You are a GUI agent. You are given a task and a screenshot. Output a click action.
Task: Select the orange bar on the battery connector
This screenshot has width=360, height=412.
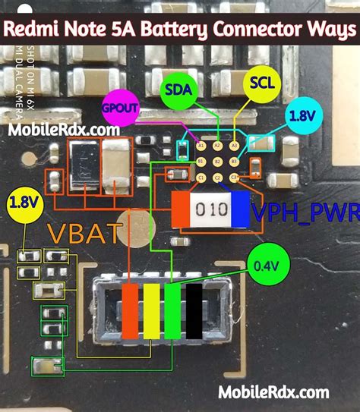point(130,310)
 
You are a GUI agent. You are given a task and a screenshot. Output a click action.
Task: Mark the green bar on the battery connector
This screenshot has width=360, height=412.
point(174,310)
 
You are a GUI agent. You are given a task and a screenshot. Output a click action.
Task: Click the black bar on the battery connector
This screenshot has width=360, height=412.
point(196,310)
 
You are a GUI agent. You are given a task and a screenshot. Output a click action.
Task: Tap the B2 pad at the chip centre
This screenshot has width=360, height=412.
point(217,161)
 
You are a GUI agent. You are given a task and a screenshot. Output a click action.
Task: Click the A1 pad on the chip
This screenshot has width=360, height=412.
point(201,145)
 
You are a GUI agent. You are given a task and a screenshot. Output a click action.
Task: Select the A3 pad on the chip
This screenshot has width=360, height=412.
point(235,145)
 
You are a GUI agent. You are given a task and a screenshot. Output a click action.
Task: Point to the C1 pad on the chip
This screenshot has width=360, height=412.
point(201,178)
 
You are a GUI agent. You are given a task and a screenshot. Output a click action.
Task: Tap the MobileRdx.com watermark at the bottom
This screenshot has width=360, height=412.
point(275,392)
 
